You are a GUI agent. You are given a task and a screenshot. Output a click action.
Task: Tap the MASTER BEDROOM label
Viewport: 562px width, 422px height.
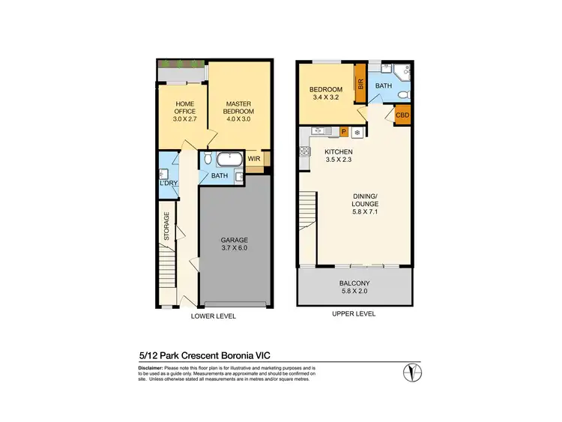[x=238, y=107]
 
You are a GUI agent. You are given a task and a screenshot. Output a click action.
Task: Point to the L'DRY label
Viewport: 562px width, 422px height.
[x=166, y=183]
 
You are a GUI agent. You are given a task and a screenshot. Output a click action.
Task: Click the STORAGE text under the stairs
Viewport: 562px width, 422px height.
[x=167, y=226]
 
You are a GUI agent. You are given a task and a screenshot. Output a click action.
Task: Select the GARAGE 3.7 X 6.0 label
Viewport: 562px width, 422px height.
[x=234, y=244]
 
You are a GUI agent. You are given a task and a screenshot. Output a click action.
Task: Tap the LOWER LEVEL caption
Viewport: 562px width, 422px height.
[x=214, y=316]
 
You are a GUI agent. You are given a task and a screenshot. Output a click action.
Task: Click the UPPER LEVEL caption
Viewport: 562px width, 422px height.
[x=353, y=313]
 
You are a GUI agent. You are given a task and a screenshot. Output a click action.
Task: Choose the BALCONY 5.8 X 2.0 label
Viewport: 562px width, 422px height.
[x=354, y=287]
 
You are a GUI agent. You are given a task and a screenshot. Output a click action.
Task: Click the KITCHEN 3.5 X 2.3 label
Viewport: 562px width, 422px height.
[x=339, y=154]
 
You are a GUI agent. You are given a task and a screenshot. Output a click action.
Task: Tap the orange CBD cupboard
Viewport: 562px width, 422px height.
[x=402, y=115]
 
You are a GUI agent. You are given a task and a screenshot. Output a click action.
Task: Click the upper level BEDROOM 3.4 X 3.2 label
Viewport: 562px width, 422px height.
[x=326, y=94]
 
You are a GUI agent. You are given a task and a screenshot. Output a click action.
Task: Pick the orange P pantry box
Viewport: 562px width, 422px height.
[x=342, y=131]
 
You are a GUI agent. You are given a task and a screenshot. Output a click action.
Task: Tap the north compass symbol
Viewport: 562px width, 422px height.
[x=412, y=373]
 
